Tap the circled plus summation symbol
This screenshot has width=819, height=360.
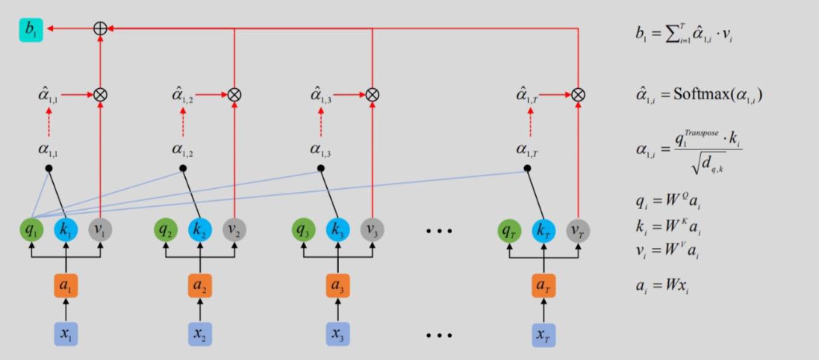click(99, 29)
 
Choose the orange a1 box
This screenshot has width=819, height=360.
click(66, 286)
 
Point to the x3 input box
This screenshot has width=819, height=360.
click(337, 333)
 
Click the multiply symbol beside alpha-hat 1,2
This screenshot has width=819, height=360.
click(234, 95)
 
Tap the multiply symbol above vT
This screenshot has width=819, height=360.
click(578, 95)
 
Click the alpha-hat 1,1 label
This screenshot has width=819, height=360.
click(48, 95)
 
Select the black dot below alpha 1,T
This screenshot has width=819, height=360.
click(527, 169)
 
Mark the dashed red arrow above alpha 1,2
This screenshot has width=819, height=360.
click(183, 122)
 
